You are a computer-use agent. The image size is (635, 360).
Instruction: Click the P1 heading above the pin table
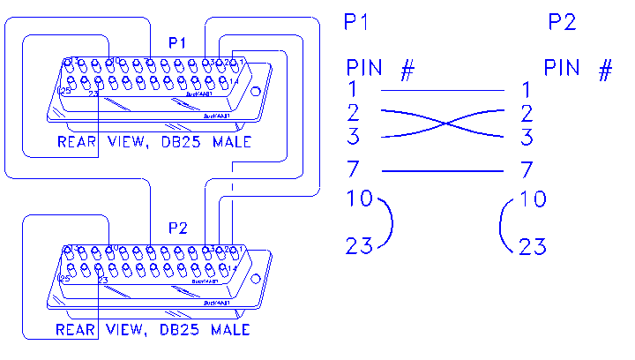tap(355, 23)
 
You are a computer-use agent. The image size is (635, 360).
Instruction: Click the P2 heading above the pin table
tap(561, 23)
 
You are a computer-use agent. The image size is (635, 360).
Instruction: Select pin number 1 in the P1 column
tap(352, 89)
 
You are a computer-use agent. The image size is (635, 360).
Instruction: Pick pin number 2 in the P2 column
tap(527, 113)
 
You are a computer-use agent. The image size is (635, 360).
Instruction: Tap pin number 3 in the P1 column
tap(353, 137)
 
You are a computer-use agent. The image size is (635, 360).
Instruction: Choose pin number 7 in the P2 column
tap(527, 169)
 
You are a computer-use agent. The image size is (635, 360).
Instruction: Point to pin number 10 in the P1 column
tap(359, 199)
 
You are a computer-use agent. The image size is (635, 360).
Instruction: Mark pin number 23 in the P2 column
tap(533, 246)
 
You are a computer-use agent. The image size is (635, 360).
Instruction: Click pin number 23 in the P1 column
tap(359, 246)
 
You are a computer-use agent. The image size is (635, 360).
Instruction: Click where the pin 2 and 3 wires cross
tap(442, 124)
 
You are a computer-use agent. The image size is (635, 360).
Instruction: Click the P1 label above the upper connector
tap(177, 43)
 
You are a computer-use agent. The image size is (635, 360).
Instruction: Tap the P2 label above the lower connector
tap(177, 228)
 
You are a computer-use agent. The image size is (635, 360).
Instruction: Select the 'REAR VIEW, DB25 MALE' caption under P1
tap(153, 142)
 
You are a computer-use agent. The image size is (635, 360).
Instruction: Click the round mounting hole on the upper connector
tap(255, 91)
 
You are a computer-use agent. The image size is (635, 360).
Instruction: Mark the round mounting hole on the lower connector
tap(255, 276)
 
